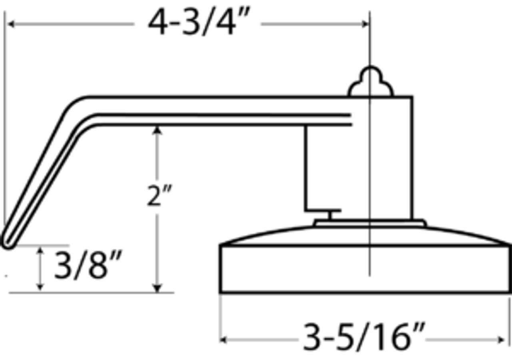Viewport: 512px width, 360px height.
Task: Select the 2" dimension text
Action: tap(159, 196)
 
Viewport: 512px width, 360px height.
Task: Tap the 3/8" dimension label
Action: tap(88, 265)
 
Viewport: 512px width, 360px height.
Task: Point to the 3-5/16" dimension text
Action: tap(364, 337)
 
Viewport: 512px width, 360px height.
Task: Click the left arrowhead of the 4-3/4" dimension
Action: tap(11, 24)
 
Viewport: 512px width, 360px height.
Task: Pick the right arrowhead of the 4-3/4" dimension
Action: tap(365, 24)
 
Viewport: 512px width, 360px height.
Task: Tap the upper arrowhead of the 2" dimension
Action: tap(157, 130)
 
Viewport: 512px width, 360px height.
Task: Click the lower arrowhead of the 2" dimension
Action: tap(157, 288)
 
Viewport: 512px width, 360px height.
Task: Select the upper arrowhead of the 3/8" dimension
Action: tap(40, 250)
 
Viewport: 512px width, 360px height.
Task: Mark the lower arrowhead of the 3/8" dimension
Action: tap(40, 287)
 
